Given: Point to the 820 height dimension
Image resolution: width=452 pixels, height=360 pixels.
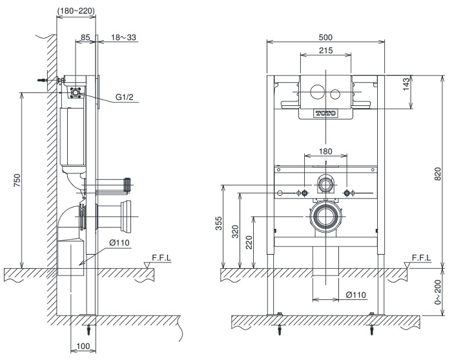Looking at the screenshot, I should (x=437, y=173).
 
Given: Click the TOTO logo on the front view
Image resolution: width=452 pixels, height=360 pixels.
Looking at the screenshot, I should (x=325, y=113).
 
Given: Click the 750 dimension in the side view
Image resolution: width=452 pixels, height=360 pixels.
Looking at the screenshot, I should (x=17, y=180).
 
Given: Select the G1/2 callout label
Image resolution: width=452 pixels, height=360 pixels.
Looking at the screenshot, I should (x=125, y=98).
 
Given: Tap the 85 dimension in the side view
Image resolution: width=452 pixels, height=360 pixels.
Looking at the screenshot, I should (x=83, y=37).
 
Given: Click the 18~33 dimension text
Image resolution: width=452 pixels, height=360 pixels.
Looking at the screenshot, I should (x=123, y=37).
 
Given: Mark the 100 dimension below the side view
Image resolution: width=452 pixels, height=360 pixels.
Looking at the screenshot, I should (x=82, y=347).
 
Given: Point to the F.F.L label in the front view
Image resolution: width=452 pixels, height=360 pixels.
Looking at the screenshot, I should (x=420, y=257).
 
